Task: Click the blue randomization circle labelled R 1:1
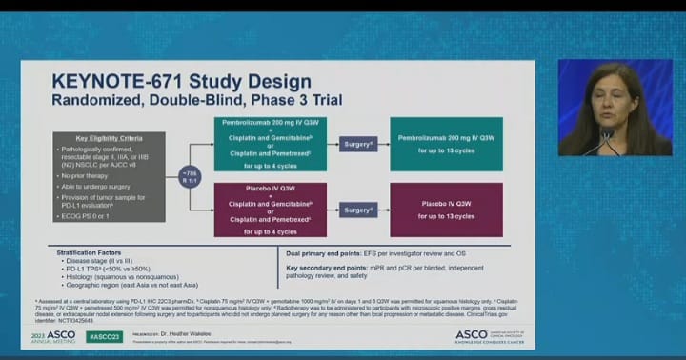click(x=192, y=175)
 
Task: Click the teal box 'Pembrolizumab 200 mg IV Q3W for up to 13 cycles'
click(x=447, y=145)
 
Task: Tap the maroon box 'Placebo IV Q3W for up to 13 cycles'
click(x=447, y=210)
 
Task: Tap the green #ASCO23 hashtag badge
click(x=105, y=337)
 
